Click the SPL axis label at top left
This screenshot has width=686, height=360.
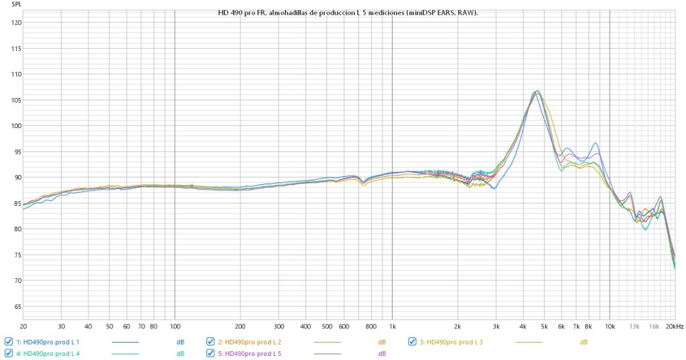[x=7, y=5]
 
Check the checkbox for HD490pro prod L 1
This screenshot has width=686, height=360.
[x=9, y=341]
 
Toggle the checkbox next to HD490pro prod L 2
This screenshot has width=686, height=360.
[x=210, y=341]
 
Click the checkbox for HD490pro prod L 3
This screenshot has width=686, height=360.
[x=412, y=341]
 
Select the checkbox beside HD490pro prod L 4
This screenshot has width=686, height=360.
[x=9, y=353]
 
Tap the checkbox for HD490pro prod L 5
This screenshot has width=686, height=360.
[x=210, y=353]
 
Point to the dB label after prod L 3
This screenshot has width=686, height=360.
[x=584, y=342]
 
